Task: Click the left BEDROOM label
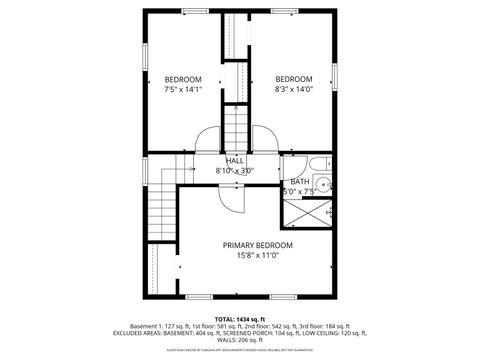(x=183, y=80)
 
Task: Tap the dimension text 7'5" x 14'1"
(x=183, y=90)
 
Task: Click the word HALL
(x=235, y=161)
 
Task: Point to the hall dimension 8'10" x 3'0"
(x=235, y=171)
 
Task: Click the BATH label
(x=300, y=181)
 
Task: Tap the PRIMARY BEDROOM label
(x=258, y=245)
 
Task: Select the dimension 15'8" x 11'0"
(x=258, y=256)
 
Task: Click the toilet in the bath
(x=316, y=164)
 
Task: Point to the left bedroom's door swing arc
(x=206, y=140)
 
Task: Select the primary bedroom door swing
(x=229, y=199)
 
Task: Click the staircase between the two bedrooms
(x=235, y=126)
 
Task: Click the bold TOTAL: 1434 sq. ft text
(x=239, y=317)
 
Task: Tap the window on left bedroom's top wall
(x=194, y=11)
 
